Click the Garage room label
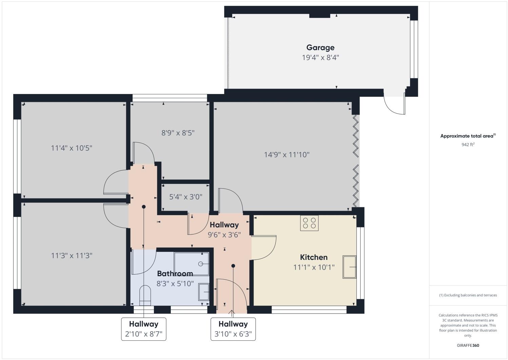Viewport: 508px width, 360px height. coord(320,48)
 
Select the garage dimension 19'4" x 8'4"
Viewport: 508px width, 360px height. coord(320,57)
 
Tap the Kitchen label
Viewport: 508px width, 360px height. coord(314,257)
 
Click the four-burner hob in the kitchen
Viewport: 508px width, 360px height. coord(309,223)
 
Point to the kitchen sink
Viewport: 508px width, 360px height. coord(349,267)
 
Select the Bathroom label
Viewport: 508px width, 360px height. coord(175,273)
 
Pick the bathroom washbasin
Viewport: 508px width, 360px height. coord(204,292)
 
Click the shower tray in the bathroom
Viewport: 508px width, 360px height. coord(192,264)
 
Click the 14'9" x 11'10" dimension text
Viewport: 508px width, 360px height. coord(287,155)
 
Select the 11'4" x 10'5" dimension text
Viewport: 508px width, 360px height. coord(72,148)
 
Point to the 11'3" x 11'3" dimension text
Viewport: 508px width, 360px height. coord(72,255)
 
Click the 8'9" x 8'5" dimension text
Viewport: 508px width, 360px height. coord(178,133)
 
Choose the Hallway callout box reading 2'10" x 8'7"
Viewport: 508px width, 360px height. coord(143,329)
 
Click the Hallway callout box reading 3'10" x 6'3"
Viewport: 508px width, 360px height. coord(233,329)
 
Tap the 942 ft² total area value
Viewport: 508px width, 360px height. coord(468,145)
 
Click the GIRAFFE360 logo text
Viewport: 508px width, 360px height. coord(468,345)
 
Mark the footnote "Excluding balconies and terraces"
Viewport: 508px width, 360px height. coord(468,295)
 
